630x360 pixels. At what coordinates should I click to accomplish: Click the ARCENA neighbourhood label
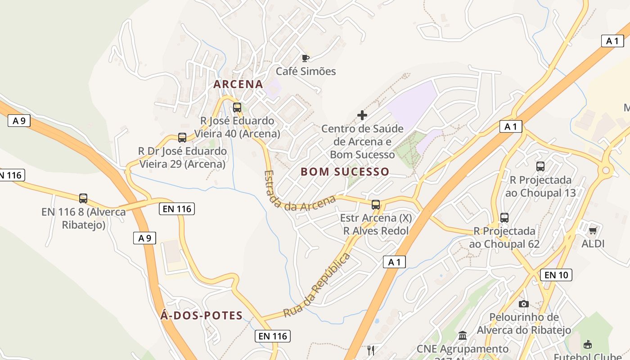(x=238, y=84)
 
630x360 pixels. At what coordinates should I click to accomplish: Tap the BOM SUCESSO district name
(x=345, y=171)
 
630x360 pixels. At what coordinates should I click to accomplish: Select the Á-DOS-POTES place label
(x=202, y=315)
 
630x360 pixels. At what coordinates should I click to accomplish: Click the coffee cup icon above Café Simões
(x=306, y=58)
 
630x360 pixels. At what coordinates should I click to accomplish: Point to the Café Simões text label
(x=306, y=71)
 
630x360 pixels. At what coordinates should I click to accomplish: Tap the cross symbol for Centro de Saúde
(x=362, y=115)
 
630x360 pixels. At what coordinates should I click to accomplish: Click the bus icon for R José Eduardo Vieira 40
(x=237, y=108)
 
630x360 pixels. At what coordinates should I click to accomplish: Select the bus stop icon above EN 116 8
(x=83, y=198)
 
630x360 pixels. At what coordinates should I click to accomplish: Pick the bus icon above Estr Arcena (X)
(x=376, y=205)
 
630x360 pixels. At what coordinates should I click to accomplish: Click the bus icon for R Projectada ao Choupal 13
(x=540, y=166)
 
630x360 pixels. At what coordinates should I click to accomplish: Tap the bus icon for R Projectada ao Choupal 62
(x=504, y=218)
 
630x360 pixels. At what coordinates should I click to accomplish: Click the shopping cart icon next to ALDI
(x=593, y=230)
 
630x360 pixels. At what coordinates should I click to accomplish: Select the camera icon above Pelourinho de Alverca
(x=524, y=304)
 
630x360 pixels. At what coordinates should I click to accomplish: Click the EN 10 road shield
(x=556, y=274)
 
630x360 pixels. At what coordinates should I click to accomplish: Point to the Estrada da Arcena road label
(x=299, y=192)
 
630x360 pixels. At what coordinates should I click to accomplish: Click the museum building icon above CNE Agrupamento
(x=463, y=336)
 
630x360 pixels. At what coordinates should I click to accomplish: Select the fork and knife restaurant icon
(x=371, y=351)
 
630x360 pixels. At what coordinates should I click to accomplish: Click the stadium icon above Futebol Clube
(x=587, y=345)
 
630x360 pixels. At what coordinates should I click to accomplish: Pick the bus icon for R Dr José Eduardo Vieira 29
(x=182, y=138)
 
